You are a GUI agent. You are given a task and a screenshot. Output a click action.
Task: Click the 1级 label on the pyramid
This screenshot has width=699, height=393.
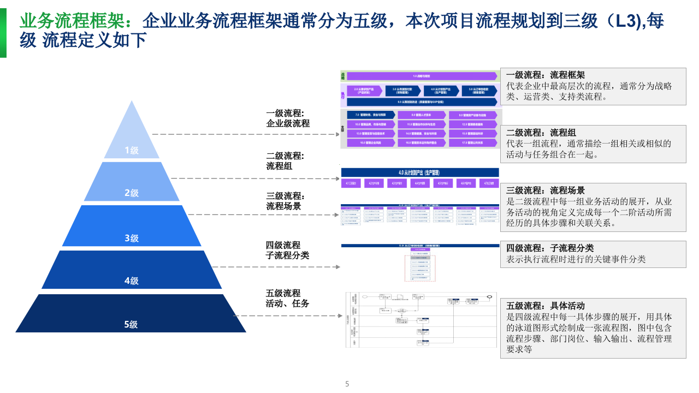(131, 150)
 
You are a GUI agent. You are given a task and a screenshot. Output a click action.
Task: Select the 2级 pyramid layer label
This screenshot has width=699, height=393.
(131, 193)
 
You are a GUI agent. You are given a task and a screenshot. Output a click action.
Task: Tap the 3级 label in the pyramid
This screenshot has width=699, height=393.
(131, 238)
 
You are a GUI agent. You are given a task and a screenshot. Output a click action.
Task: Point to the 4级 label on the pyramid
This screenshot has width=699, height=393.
(131, 281)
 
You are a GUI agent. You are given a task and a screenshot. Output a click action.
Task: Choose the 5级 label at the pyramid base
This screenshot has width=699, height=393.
(131, 324)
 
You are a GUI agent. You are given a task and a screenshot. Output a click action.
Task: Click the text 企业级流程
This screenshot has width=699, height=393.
(288, 123)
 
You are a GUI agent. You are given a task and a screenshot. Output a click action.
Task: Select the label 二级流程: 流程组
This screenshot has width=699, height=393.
(285, 161)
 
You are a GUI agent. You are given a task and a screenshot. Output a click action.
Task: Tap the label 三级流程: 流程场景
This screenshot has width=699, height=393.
(285, 201)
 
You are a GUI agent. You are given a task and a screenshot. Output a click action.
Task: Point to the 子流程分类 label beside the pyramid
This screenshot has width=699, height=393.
(288, 255)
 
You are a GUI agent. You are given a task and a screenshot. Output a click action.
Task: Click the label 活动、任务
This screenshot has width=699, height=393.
(288, 303)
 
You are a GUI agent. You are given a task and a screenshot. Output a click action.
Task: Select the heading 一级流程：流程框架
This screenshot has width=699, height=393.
(545, 75)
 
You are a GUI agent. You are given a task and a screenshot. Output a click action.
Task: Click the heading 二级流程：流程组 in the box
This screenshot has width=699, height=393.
(541, 133)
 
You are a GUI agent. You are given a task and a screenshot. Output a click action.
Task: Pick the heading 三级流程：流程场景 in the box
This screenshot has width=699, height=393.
(545, 190)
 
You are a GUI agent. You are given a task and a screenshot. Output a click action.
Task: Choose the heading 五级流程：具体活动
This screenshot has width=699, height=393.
(545, 306)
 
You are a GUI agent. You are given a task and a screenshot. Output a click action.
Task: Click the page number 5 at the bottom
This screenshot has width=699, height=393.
(347, 384)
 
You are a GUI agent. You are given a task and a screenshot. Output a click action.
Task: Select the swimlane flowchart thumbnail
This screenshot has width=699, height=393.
(421, 319)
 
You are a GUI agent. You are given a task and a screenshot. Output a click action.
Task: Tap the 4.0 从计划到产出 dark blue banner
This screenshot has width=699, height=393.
(419, 172)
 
